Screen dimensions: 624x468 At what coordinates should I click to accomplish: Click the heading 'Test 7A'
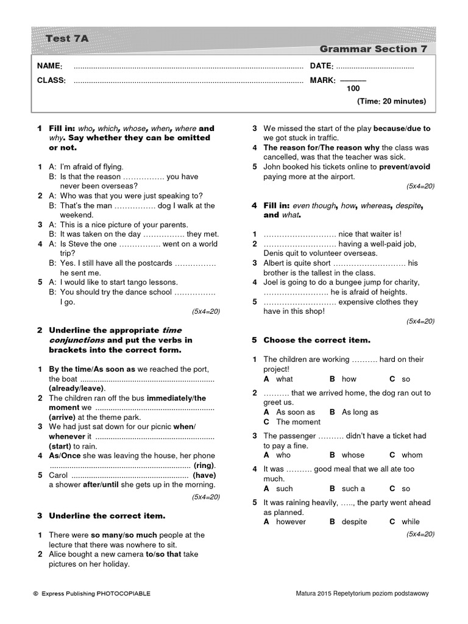pos(67,38)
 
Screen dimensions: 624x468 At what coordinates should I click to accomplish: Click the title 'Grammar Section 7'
pos(373,49)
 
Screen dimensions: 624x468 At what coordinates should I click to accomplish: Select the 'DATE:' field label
pos(321,66)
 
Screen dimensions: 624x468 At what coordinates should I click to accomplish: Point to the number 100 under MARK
pos(353,89)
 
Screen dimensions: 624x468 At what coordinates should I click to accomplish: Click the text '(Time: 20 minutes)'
pos(391,101)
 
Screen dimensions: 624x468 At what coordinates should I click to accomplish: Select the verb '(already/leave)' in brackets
pos(77,388)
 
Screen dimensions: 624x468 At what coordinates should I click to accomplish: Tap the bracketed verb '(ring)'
pos(204,466)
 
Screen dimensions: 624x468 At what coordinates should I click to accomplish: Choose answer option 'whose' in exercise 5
pos(353,455)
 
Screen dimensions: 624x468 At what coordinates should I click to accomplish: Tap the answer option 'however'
pos(291,522)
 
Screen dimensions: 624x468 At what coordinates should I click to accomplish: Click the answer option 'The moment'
pos(298,422)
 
